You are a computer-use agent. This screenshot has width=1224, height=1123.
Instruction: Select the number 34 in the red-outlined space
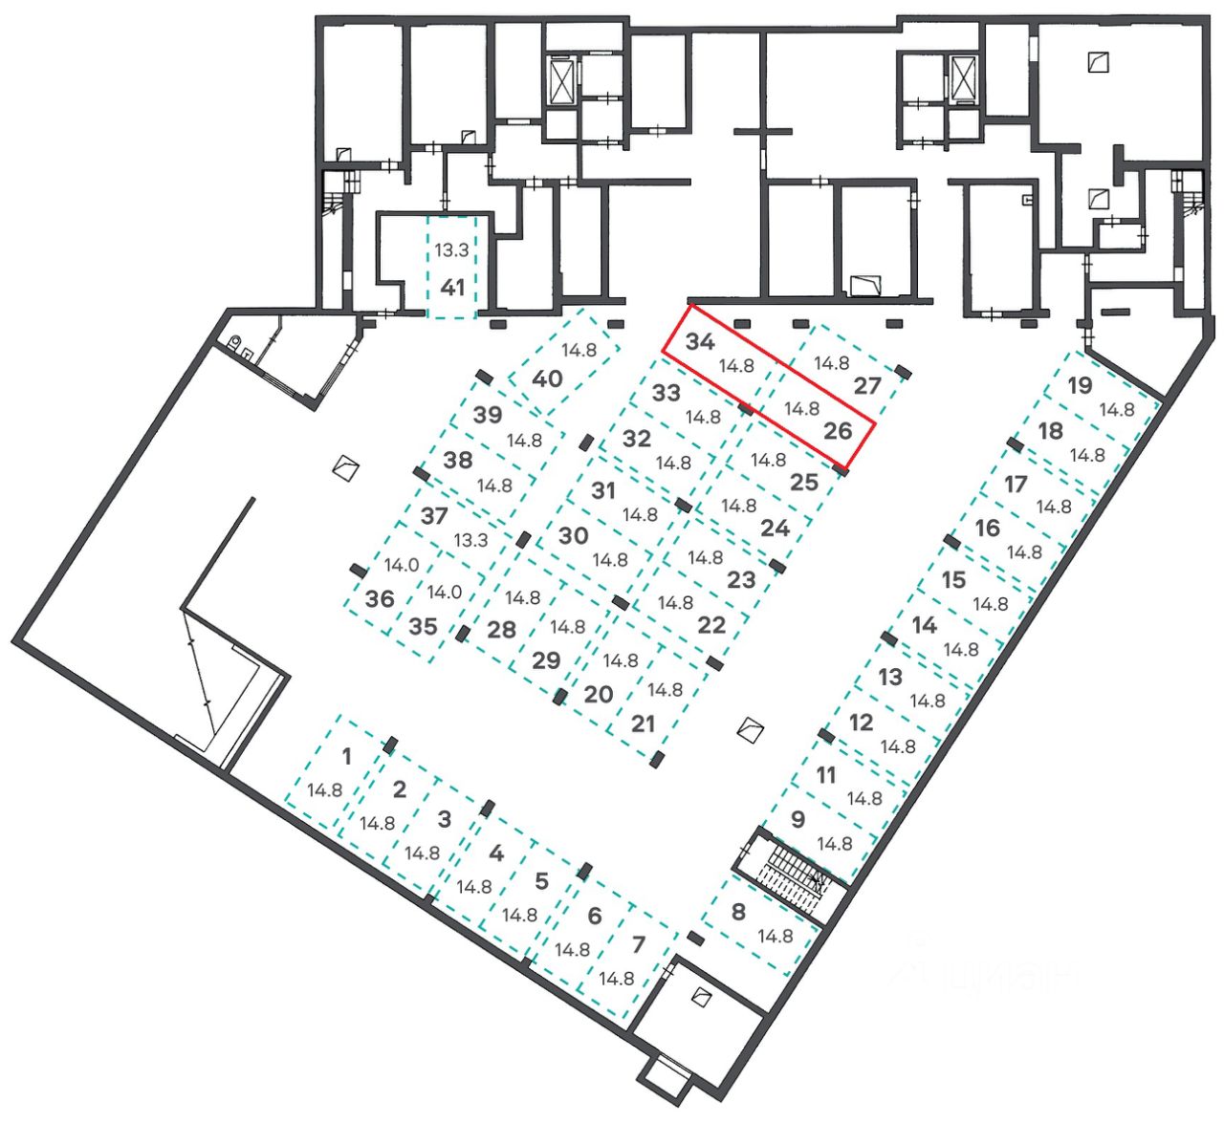point(700,342)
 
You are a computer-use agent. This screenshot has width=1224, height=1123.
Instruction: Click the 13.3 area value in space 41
point(451,250)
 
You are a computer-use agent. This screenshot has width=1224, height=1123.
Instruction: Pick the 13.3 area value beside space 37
point(470,540)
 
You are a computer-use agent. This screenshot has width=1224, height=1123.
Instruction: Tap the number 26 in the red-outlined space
point(837,430)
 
